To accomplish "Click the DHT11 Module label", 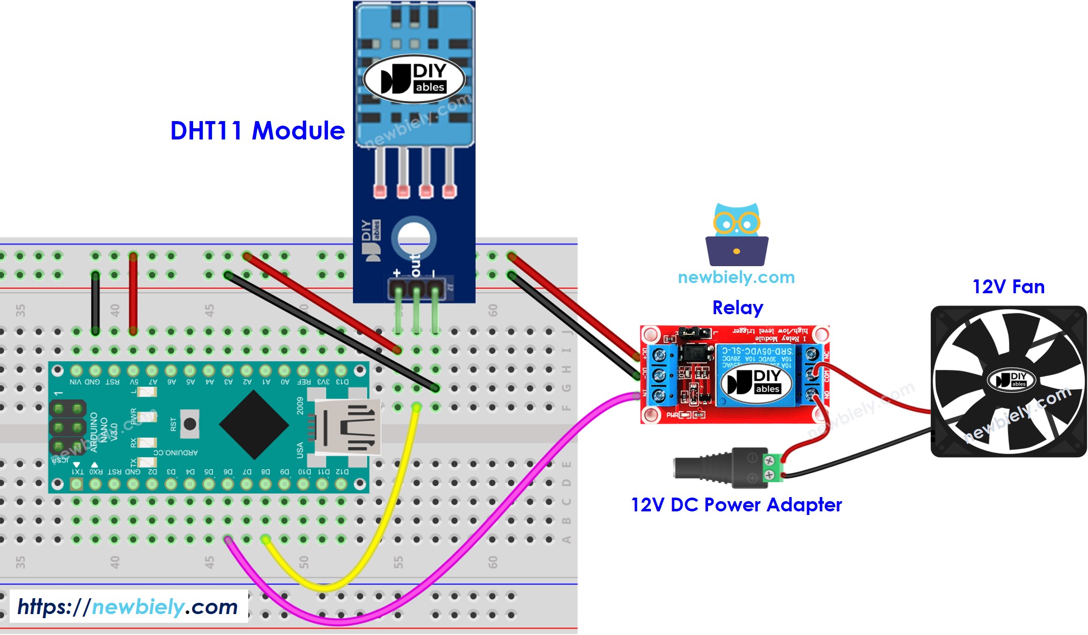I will point(257,131).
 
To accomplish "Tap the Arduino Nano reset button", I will point(190,424).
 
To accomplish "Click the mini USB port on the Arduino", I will point(347,427).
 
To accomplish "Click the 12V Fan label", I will point(1008,287).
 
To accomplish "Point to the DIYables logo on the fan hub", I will point(1011,380).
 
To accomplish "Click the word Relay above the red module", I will point(737,308).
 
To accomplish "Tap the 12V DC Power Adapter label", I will point(736,505).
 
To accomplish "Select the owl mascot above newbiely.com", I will point(737,234).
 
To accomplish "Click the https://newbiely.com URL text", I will point(128,607).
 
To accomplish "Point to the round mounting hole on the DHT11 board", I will point(414,238).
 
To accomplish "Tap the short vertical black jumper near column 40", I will point(96,304).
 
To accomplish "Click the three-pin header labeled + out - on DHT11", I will point(416,289).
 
